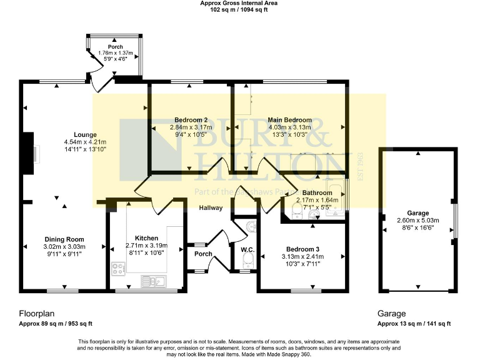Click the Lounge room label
click(x=84, y=134)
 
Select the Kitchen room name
click(x=146, y=238)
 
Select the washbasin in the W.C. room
click(x=251, y=227)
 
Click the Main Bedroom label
click(x=289, y=120)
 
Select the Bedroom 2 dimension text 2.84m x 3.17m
click(x=191, y=127)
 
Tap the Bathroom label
click(x=317, y=192)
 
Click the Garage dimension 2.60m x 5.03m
click(x=418, y=220)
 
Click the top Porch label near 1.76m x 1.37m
click(x=115, y=47)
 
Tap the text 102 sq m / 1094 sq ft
click(x=239, y=10)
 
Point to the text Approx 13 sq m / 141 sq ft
click(x=414, y=324)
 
